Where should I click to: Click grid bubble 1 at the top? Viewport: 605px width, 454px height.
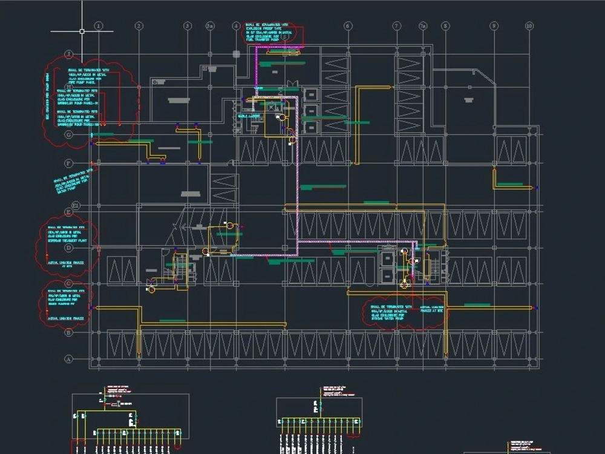[99, 26]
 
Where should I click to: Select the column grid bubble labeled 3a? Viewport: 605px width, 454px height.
[210, 26]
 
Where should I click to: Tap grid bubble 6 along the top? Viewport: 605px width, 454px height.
[347, 26]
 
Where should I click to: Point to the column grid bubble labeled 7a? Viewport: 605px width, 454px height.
[423, 26]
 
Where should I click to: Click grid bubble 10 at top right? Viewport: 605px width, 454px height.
[529, 26]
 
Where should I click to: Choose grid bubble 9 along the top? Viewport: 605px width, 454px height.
[494, 26]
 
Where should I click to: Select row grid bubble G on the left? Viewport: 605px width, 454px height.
[69, 134]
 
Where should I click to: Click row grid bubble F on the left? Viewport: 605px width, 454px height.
[69, 163]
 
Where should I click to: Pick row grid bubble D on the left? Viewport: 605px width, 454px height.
[69, 248]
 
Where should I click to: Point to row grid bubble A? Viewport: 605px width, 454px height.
[69, 358]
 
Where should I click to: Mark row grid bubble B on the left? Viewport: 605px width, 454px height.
[69, 332]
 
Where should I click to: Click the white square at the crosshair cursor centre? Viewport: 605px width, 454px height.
[82, 30]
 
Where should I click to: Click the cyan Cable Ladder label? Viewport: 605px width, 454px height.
[249, 116]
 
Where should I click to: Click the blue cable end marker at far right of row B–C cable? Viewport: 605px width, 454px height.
[535, 308]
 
